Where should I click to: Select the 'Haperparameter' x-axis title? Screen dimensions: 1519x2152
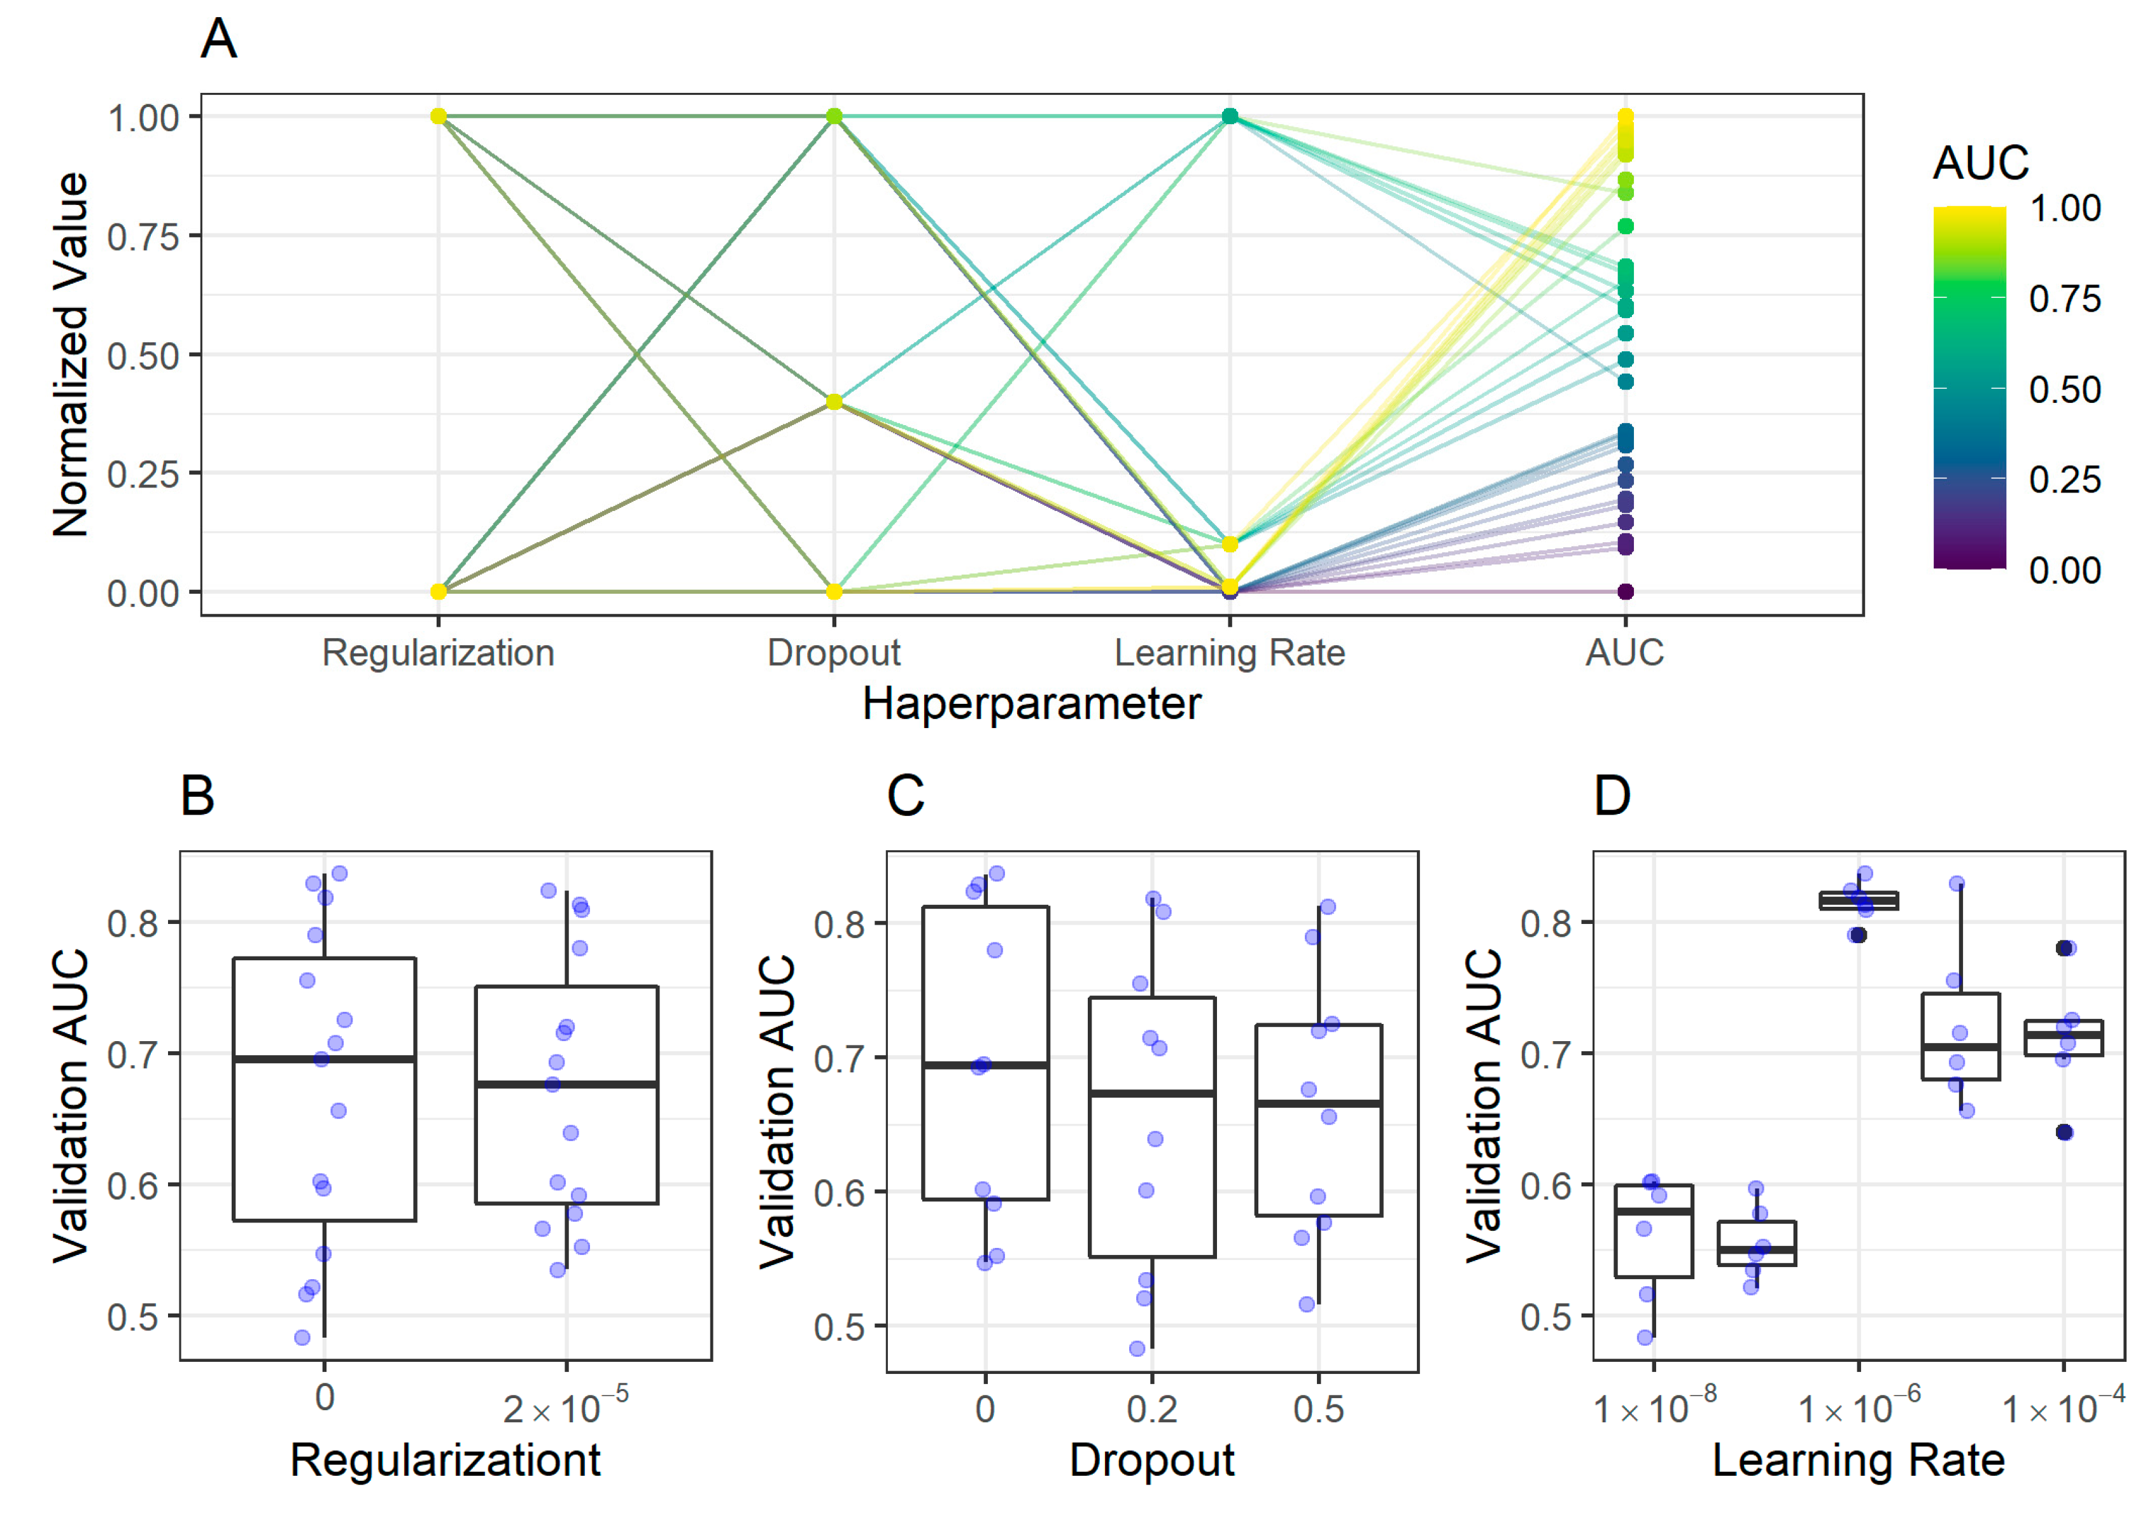[x=1031, y=704]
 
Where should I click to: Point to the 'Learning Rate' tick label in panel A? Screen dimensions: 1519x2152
[x=1229, y=652]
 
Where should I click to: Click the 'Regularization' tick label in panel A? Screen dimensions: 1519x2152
[x=438, y=652]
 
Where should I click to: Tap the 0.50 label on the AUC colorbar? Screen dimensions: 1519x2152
[x=2064, y=390]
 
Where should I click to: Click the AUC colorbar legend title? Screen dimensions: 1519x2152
[x=1981, y=163]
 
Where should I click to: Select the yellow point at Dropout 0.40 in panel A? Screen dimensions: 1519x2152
[x=834, y=402]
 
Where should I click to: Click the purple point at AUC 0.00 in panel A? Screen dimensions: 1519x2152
[x=1625, y=591]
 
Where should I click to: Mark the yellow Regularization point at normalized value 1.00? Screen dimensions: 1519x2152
[x=438, y=116]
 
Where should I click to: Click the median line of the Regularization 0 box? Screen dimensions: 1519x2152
[x=325, y=1059]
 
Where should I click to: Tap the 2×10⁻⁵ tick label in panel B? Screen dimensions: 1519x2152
[x=565, y=1408]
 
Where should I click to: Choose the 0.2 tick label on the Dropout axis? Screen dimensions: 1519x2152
[x=1152, y=1408]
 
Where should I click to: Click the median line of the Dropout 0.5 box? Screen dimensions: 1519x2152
[x=1319, y=1103]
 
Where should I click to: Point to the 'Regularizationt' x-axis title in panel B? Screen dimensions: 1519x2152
[x=445, y=1460]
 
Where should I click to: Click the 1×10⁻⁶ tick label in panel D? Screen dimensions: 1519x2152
[x=1859, y=1408]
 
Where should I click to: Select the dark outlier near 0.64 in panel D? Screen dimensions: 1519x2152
[x=2064, y=1132]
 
